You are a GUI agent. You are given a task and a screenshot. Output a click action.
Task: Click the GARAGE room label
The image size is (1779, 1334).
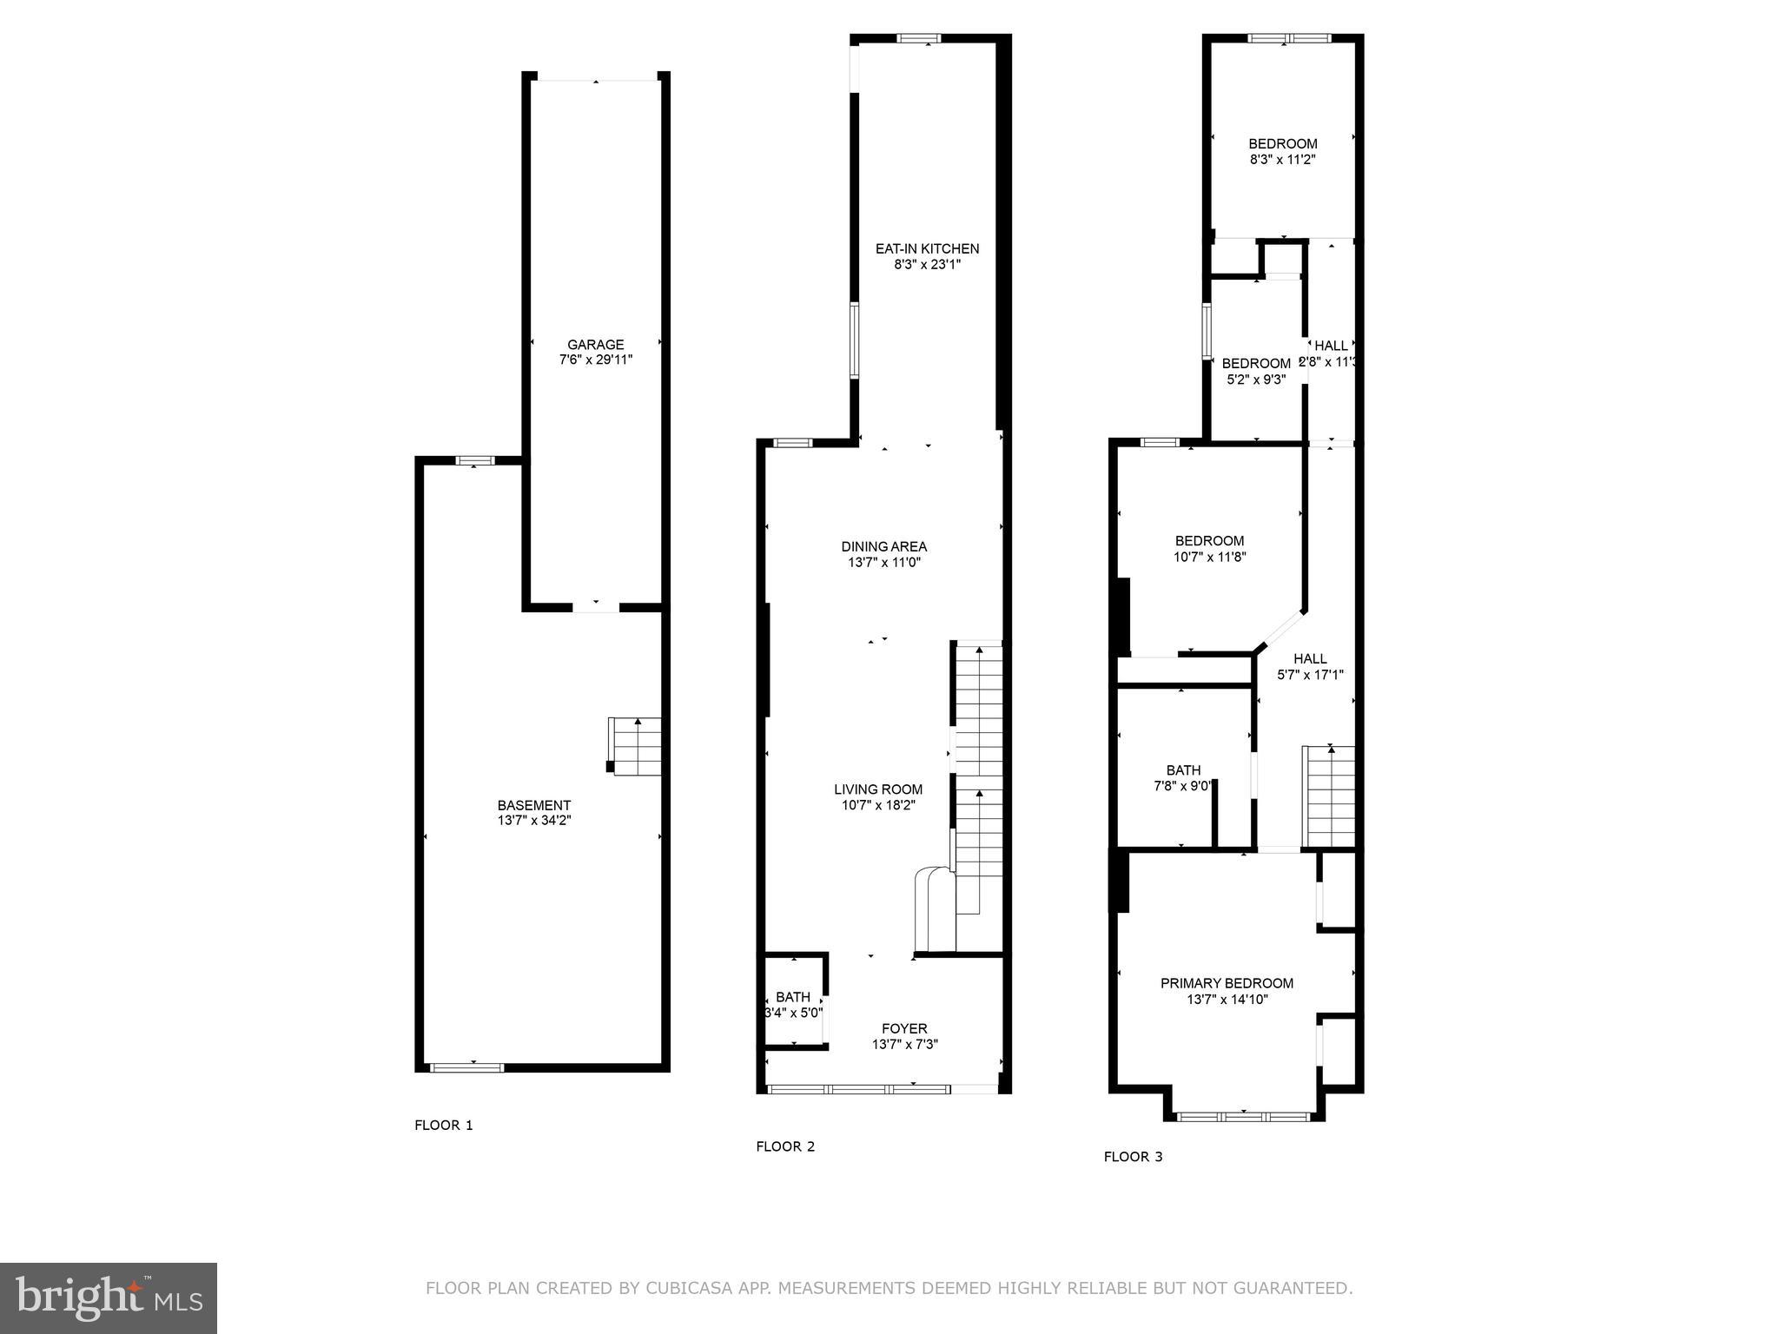pos(595,345)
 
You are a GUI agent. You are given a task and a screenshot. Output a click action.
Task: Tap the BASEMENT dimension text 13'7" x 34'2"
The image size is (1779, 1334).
pos(533,820)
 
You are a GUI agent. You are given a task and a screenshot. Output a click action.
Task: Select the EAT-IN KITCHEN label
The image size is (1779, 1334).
pos(927,248)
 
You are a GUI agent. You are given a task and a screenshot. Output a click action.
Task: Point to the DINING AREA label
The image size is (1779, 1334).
pos(883,546)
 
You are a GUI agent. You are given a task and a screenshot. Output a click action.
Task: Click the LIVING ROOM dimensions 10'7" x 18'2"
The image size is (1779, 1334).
pos(878,805)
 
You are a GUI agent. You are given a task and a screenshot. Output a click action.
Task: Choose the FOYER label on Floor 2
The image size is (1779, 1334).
pos(904,1028)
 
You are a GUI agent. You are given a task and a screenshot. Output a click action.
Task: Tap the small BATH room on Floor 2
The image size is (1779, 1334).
pos(793,1005)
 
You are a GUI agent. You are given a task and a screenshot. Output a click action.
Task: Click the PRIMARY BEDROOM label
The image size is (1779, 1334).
pos(1227,983)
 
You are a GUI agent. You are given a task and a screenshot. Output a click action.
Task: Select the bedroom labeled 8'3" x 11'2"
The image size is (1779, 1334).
pos(1282,152)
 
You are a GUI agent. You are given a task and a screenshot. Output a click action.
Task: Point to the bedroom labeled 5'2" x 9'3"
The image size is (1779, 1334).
pos(1255,371)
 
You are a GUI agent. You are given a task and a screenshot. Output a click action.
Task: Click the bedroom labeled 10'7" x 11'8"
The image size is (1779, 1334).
pos(1209,549)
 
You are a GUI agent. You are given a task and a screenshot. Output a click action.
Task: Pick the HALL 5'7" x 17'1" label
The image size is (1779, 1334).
pos(1310,666)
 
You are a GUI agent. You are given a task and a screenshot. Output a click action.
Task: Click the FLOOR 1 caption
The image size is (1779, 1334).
pos(443,1126)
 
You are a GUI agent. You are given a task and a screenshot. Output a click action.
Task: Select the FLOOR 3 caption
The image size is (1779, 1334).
pos(1133,1157)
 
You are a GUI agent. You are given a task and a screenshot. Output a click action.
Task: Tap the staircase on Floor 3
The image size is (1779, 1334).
pos(1328,796)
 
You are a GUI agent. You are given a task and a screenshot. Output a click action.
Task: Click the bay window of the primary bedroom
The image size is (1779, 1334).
pos(1243,1116)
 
